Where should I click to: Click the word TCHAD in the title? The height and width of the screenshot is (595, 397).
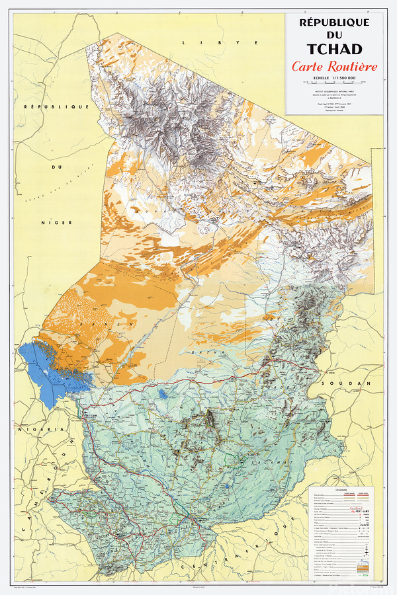[334, 49]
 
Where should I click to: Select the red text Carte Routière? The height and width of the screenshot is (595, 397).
[334, 67]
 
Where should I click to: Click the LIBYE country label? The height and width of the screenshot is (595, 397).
[202, 42]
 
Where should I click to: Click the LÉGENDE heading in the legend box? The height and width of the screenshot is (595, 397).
[345, 491]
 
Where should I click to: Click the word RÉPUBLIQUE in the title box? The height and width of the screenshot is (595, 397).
[334, 22]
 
